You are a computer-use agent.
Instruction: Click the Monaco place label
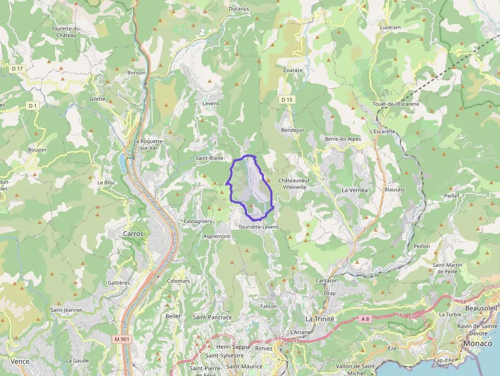(478, 343)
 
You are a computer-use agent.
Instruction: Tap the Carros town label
(134, 233)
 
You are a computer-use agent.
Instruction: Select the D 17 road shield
(18, 68)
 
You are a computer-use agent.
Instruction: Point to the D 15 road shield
(287, 100)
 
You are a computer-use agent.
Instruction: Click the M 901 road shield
(121, 339)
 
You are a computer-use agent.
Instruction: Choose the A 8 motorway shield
(364, 319)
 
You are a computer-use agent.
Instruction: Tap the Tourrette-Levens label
(259, 227)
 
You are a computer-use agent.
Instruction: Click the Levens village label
(211, 104)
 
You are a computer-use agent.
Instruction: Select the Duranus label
(239, 9)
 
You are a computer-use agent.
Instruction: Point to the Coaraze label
(293, 70)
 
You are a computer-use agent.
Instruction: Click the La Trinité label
(319, 318)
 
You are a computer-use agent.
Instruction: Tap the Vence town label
(20, 361)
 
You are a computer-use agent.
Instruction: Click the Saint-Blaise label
(210, 158)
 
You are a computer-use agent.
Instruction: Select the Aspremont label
(217, 237)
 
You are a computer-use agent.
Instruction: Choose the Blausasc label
(395, 189)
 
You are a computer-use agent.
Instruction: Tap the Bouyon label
(37, 150)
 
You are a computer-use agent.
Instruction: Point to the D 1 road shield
(33, 106)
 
